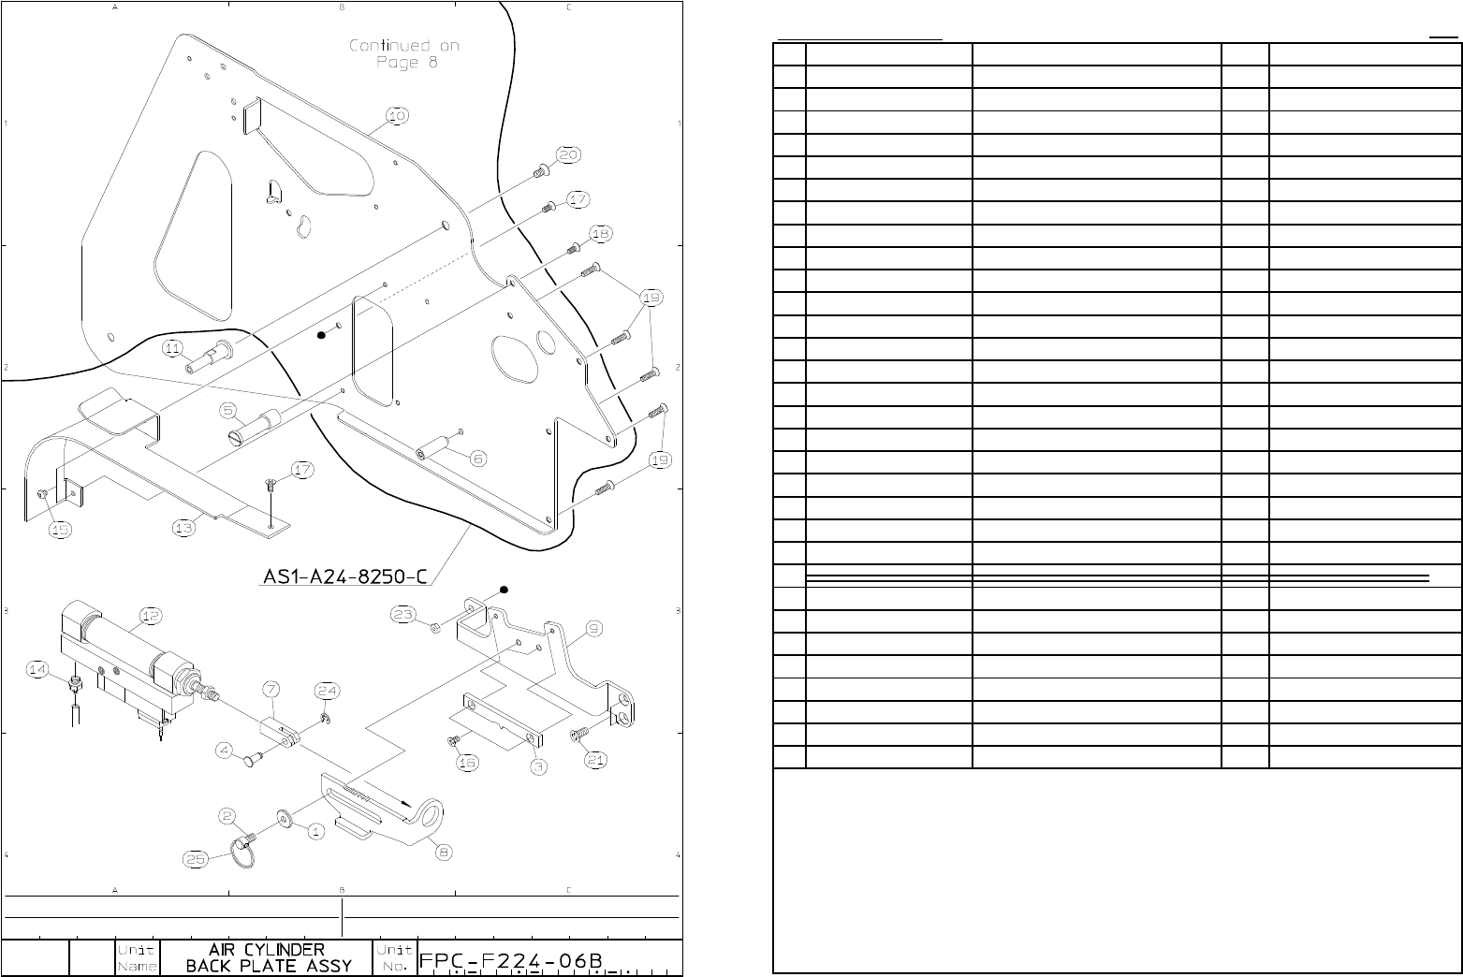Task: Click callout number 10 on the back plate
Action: pos(397,116)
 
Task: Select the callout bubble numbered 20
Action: pos(569,154)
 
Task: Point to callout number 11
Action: pos(171,348)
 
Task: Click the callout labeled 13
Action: pos(183,528)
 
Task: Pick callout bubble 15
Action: pos(60,530)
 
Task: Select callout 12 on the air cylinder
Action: pos(150,615)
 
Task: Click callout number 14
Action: pos(37,669)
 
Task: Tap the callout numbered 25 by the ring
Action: pos(195,859)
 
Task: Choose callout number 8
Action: pos(443,852)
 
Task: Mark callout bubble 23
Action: pos(402,615)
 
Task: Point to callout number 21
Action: pos(595,760)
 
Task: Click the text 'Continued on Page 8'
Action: pos(405,53)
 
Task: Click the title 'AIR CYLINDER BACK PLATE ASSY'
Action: pos(267,957)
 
